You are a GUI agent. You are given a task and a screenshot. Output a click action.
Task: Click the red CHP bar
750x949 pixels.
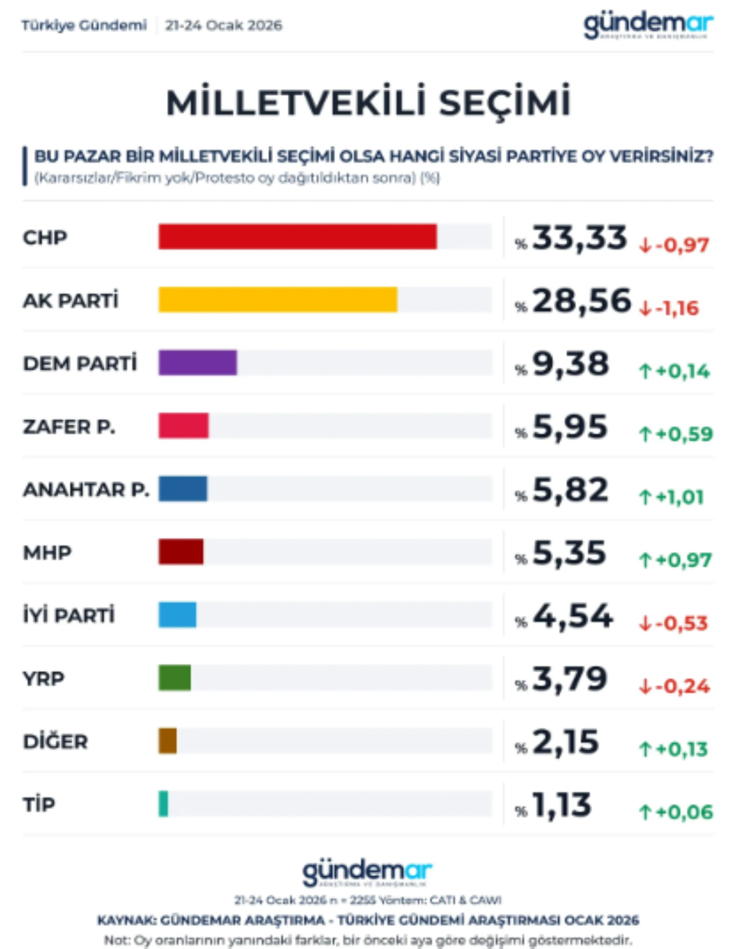click(x=298, y=237)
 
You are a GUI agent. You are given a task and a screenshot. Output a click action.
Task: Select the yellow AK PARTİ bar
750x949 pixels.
click(x=278, y=300)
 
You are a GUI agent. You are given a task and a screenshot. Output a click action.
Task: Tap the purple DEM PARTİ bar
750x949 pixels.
click(x=198, y=363)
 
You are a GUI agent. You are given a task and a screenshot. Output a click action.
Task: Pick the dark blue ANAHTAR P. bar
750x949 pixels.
click(x=183, y=489)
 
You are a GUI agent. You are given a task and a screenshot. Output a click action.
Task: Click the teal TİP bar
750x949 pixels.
click(x=163, y=804)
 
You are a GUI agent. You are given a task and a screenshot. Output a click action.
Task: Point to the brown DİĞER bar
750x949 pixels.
click(x=168, y=741)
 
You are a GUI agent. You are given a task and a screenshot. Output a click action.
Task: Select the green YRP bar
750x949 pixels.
click(x=175, y=678)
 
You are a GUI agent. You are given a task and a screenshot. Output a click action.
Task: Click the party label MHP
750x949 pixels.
click(x=47, y=553)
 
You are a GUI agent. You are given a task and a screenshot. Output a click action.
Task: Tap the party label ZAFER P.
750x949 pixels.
click(x=69, y=427)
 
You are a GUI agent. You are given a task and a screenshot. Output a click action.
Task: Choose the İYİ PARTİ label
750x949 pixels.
click(x=69, y=615)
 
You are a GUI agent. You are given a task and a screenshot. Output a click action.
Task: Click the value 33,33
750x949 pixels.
click(x=579, y=238)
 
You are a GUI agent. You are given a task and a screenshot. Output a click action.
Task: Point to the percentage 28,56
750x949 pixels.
click(x=581, y=301)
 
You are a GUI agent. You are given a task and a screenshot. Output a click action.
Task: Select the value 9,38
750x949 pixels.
click(x=571, y=364)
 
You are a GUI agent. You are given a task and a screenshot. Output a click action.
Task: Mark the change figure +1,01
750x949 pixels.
click(x=679, y=497)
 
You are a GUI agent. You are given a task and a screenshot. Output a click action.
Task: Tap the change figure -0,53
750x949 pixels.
click(x=681, y=623)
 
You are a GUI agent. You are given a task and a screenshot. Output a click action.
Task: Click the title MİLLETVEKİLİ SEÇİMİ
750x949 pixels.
click(x=369, y=102)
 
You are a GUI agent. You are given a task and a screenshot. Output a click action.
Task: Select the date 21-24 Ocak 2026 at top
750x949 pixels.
click(x=223, y=25)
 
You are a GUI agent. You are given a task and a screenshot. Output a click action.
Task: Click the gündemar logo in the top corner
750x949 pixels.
click(x=648, y=26)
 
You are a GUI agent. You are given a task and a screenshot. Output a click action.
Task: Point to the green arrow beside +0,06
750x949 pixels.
click(x=645, y=812)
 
